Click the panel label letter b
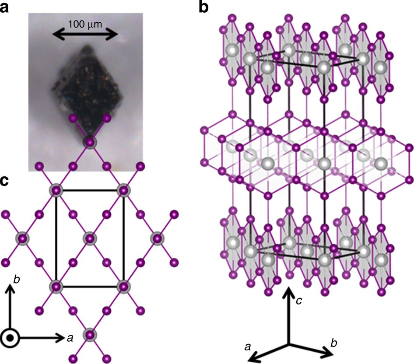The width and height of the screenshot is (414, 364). pos(203,7)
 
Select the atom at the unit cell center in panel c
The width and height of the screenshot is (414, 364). pos(89,238)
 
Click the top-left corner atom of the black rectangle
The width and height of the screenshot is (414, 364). pos(56,190)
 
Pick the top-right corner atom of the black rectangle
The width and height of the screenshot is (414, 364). pos(123,190)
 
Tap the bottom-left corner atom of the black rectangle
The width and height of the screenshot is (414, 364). pos(56,287)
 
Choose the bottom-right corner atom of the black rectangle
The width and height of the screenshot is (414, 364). pos(123,287)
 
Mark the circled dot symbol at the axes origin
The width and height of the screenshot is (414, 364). pos(9,337)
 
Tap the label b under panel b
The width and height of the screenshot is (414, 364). pos(333,342)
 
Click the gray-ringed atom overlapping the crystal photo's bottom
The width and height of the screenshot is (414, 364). pos(89,142)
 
